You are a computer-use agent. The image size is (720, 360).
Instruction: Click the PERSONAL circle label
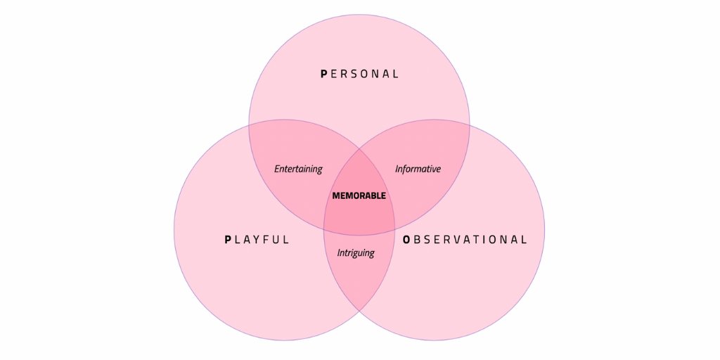pyautogui.click(x=359, y=73)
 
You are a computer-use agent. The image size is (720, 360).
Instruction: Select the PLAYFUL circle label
pyautogui.click(x=257, y=239)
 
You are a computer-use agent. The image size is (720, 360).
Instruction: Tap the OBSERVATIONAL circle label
pyautogui.click(x=465, y=239)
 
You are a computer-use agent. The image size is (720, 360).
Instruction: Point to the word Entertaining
pyautogui.click(x=298, y=169)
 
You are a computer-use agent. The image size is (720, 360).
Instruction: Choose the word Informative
pyautogui.click(x=418, y=169)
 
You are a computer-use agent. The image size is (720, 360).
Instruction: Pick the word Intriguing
pyautogui.click(x=356, y=252)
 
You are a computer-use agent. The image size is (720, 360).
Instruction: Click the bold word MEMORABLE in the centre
pyautogui.click(x=359, y=195)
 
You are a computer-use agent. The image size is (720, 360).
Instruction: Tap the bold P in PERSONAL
pyautogui.click(x=323, y=73)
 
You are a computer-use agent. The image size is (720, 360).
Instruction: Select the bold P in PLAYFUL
pyautogui.click(x=228, y=239)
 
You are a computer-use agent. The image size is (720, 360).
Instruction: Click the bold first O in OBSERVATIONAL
pyautogui.click(x=406, y=239)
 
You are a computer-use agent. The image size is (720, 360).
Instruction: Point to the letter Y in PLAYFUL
pyautogui.click(x=257, y=239)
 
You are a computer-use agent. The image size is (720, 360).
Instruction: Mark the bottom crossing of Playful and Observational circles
pyautogui.click(x=359, y=311)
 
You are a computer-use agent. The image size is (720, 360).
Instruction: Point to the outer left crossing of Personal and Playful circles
pyautogui.click(x=249, y=127)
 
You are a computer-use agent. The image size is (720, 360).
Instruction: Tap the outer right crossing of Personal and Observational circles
pyautogui.click(x=470, y=127)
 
